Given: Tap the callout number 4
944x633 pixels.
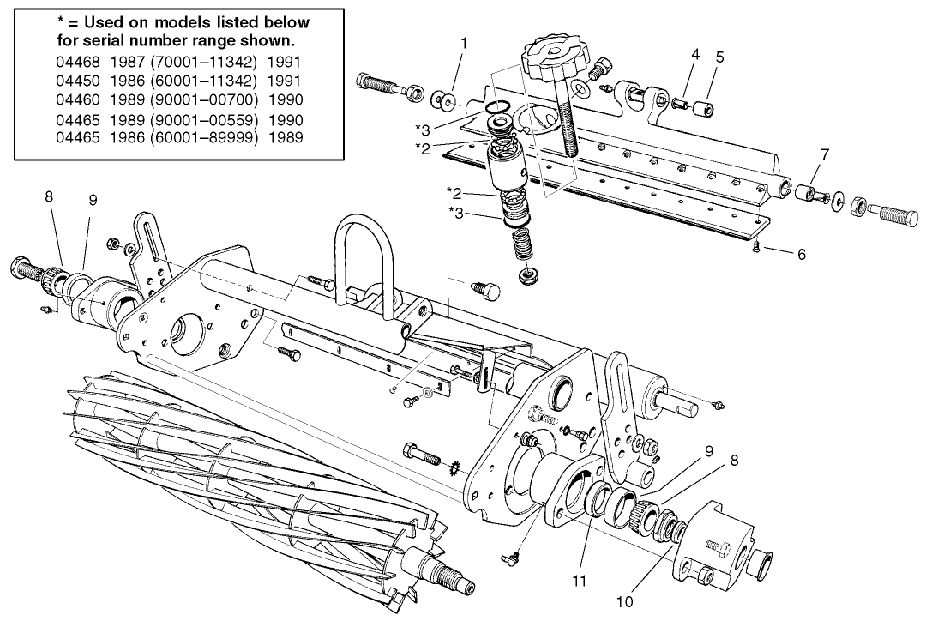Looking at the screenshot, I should (695, 54).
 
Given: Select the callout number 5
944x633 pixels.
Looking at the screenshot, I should (719, 57).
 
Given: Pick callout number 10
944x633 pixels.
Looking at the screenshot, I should (624, 601).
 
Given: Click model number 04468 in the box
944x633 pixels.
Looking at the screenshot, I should (79, 63).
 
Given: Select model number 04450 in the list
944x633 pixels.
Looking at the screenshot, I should (79, 81).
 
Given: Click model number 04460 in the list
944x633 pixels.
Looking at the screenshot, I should (79, 99).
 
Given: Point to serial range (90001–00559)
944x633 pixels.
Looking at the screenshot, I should (204, 118).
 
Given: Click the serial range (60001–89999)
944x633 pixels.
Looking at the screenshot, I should (204, 136).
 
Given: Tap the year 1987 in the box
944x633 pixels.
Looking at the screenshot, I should (129, 63).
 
